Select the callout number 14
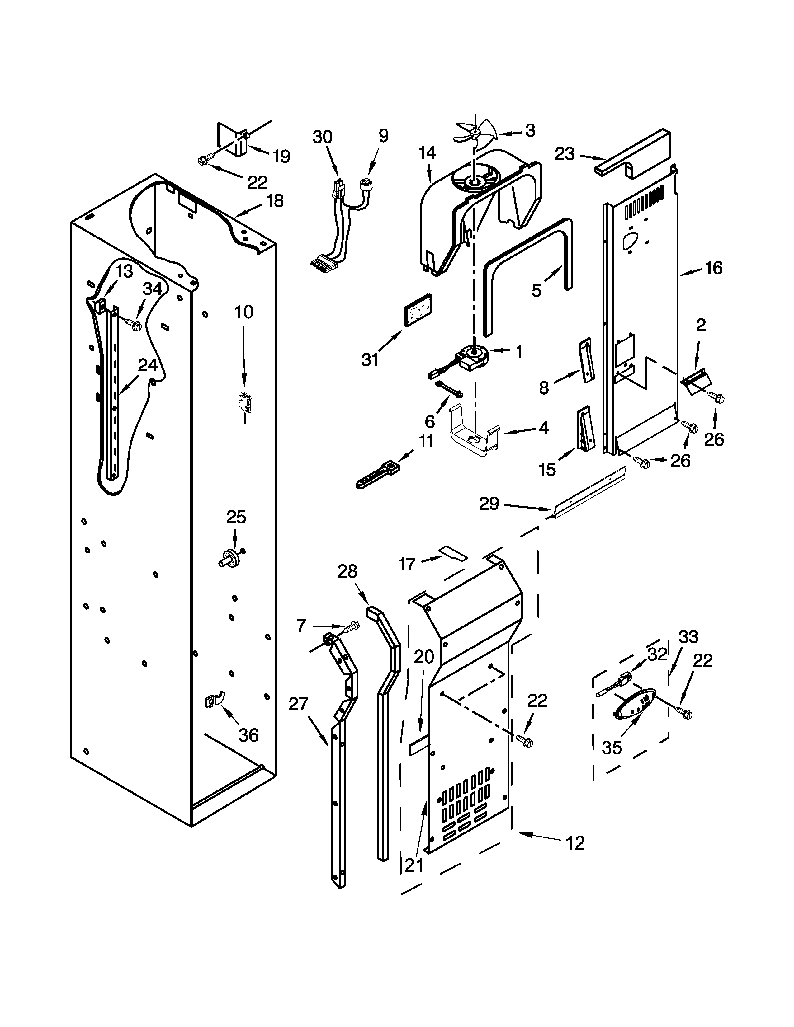click(x=427, y=152)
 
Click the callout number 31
click(x=370, y=360)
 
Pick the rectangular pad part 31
click(x=418, y=309)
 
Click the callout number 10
click(x=244, y=312)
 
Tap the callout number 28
click(x=347, y=571)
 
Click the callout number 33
click(x=688, y=637)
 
